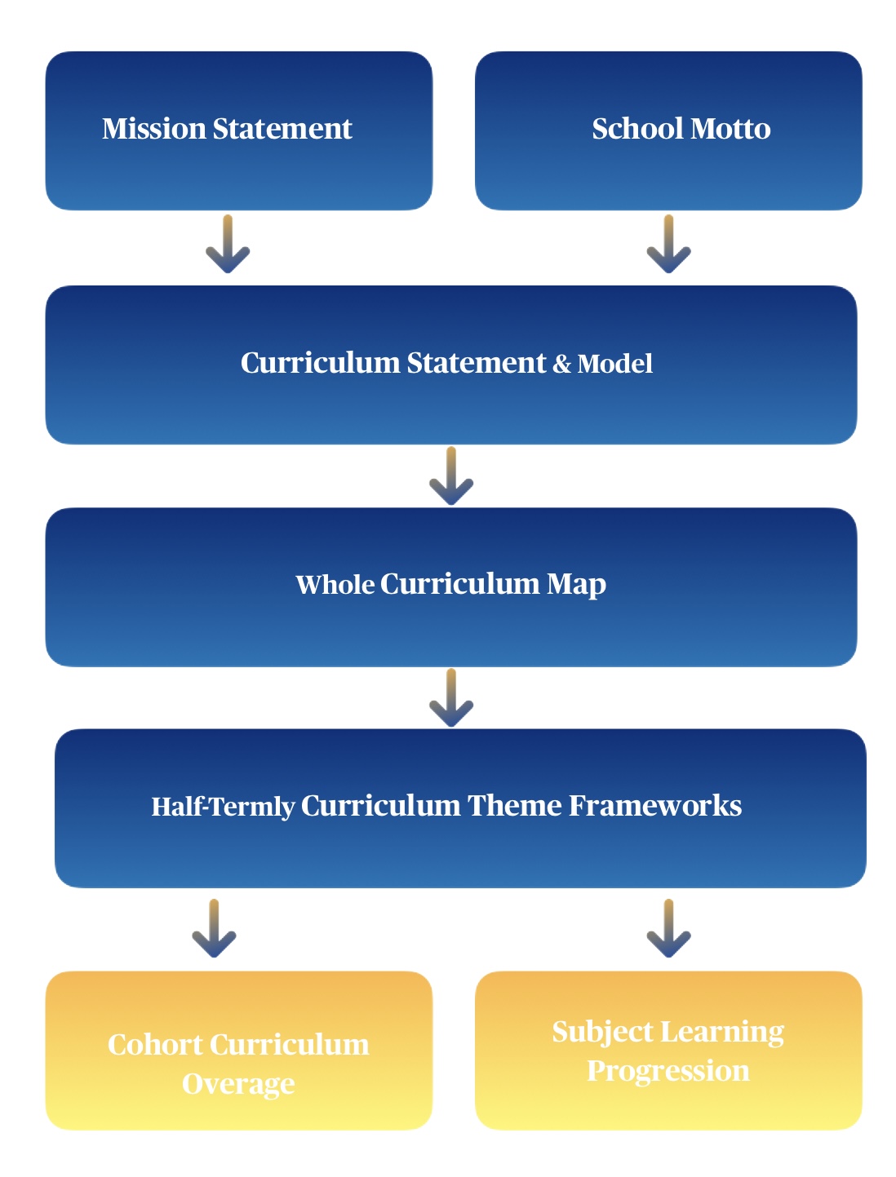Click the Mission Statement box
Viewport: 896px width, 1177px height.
click(238, 131)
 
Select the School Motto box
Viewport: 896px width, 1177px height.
click(668, 131)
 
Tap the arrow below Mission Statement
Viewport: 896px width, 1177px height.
click(228, 244)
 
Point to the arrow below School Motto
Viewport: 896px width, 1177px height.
click(668, 244)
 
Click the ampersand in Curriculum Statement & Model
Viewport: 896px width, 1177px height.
click(561, 364)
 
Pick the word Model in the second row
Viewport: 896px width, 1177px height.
click(614, 364)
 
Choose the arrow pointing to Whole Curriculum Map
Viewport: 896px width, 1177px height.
click(450, 476)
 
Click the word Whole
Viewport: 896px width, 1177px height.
click(335, 585)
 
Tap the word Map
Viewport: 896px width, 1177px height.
click(576, 585)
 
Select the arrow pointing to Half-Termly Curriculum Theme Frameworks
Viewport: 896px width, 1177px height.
click(450, 698)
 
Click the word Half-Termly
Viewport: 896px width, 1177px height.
click(223, 807)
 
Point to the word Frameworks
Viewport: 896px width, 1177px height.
click(655, 806)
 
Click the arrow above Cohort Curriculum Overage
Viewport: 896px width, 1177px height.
click(214, 928)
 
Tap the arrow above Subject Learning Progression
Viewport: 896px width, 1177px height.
click(668, 928)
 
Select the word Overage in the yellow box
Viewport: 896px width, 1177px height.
click(238, 1084)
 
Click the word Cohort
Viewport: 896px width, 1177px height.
click(155, 1045)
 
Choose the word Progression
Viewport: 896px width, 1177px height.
click(668, 1071)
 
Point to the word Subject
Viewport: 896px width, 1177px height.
click(602, 1033)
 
